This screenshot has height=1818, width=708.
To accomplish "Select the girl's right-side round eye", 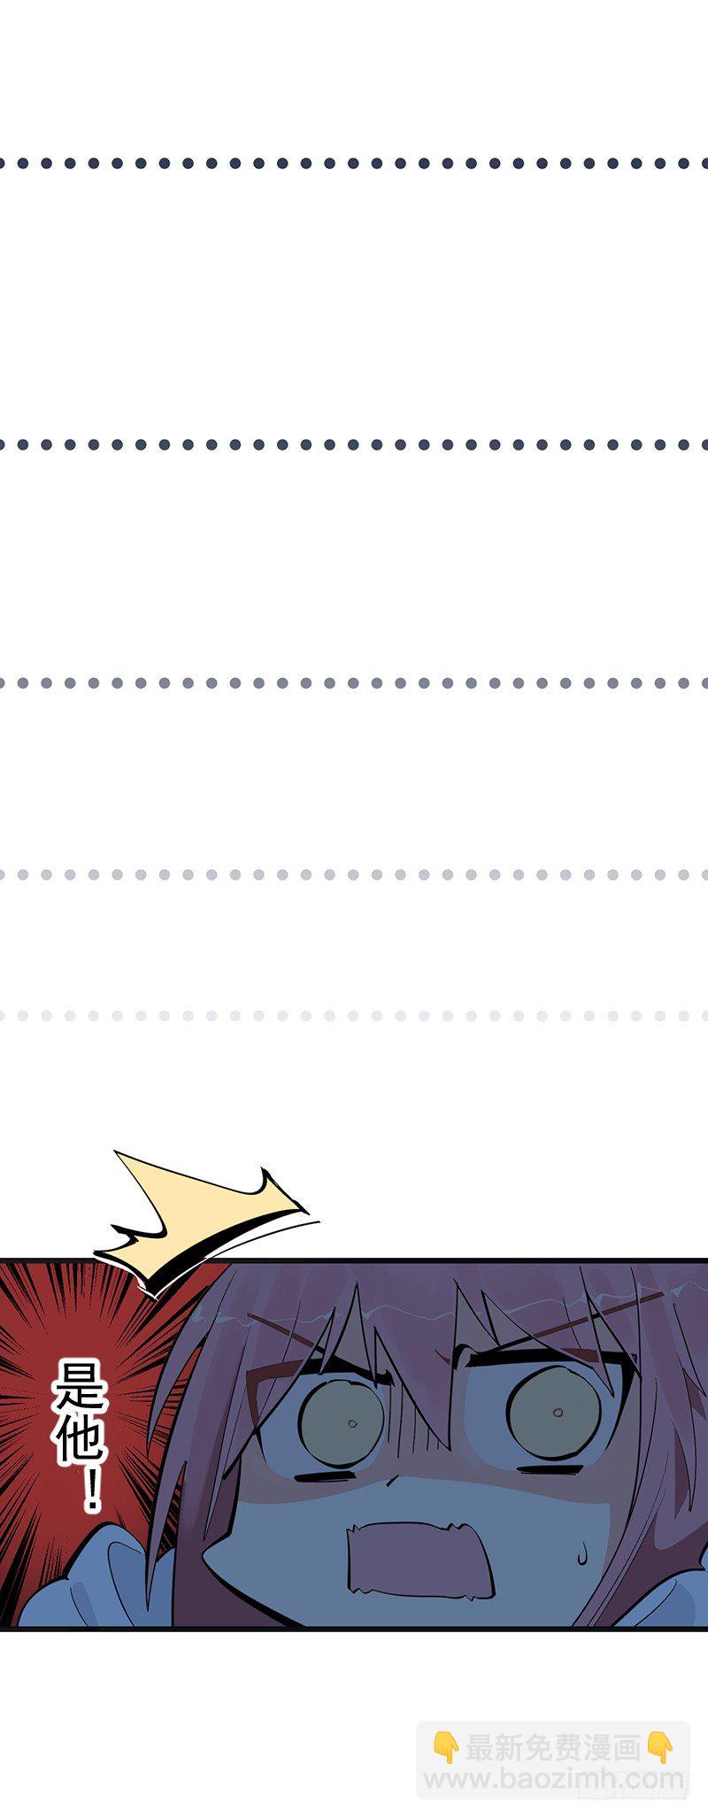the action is point(553,1414).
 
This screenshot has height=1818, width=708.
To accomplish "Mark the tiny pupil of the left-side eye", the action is point(351,1424).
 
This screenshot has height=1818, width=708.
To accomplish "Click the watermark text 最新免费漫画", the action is point(553,1748).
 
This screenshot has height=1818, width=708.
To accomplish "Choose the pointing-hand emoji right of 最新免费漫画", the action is point(659,1747).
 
